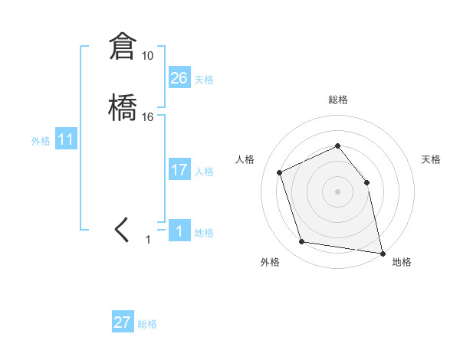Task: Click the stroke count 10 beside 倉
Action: point(147,56)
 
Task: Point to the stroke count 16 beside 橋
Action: point(148,117)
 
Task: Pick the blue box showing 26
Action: point(179,78)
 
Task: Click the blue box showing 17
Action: point(179,170)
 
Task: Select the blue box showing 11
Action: point(66,139)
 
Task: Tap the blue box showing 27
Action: point(123,322)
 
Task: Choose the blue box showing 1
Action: point(179,231)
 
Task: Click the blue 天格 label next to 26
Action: point(204,80)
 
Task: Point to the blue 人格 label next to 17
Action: point(204,172)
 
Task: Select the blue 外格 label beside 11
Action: point(41,141)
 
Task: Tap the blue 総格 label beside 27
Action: point(147,324)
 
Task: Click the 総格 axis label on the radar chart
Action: point(338,100)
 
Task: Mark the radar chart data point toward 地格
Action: point(381,252)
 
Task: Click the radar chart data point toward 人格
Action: point(280,172)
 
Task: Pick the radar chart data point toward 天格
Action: point(366,182)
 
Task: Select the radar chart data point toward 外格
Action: point(302,242)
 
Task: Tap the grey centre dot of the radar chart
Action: point(337,191)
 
